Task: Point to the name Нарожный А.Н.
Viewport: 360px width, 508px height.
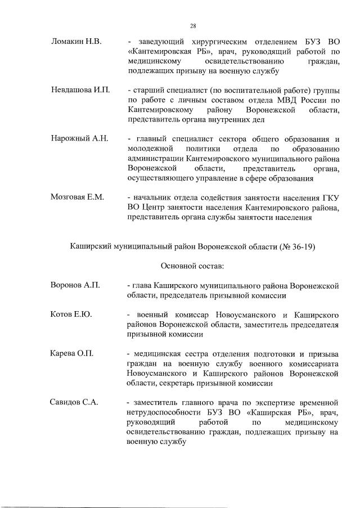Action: pos(79,138)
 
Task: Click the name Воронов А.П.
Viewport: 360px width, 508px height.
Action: pos(75,285)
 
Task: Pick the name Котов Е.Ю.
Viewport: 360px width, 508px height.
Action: pos(71,314)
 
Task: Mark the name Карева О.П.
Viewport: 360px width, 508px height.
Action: pos(72,353)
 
